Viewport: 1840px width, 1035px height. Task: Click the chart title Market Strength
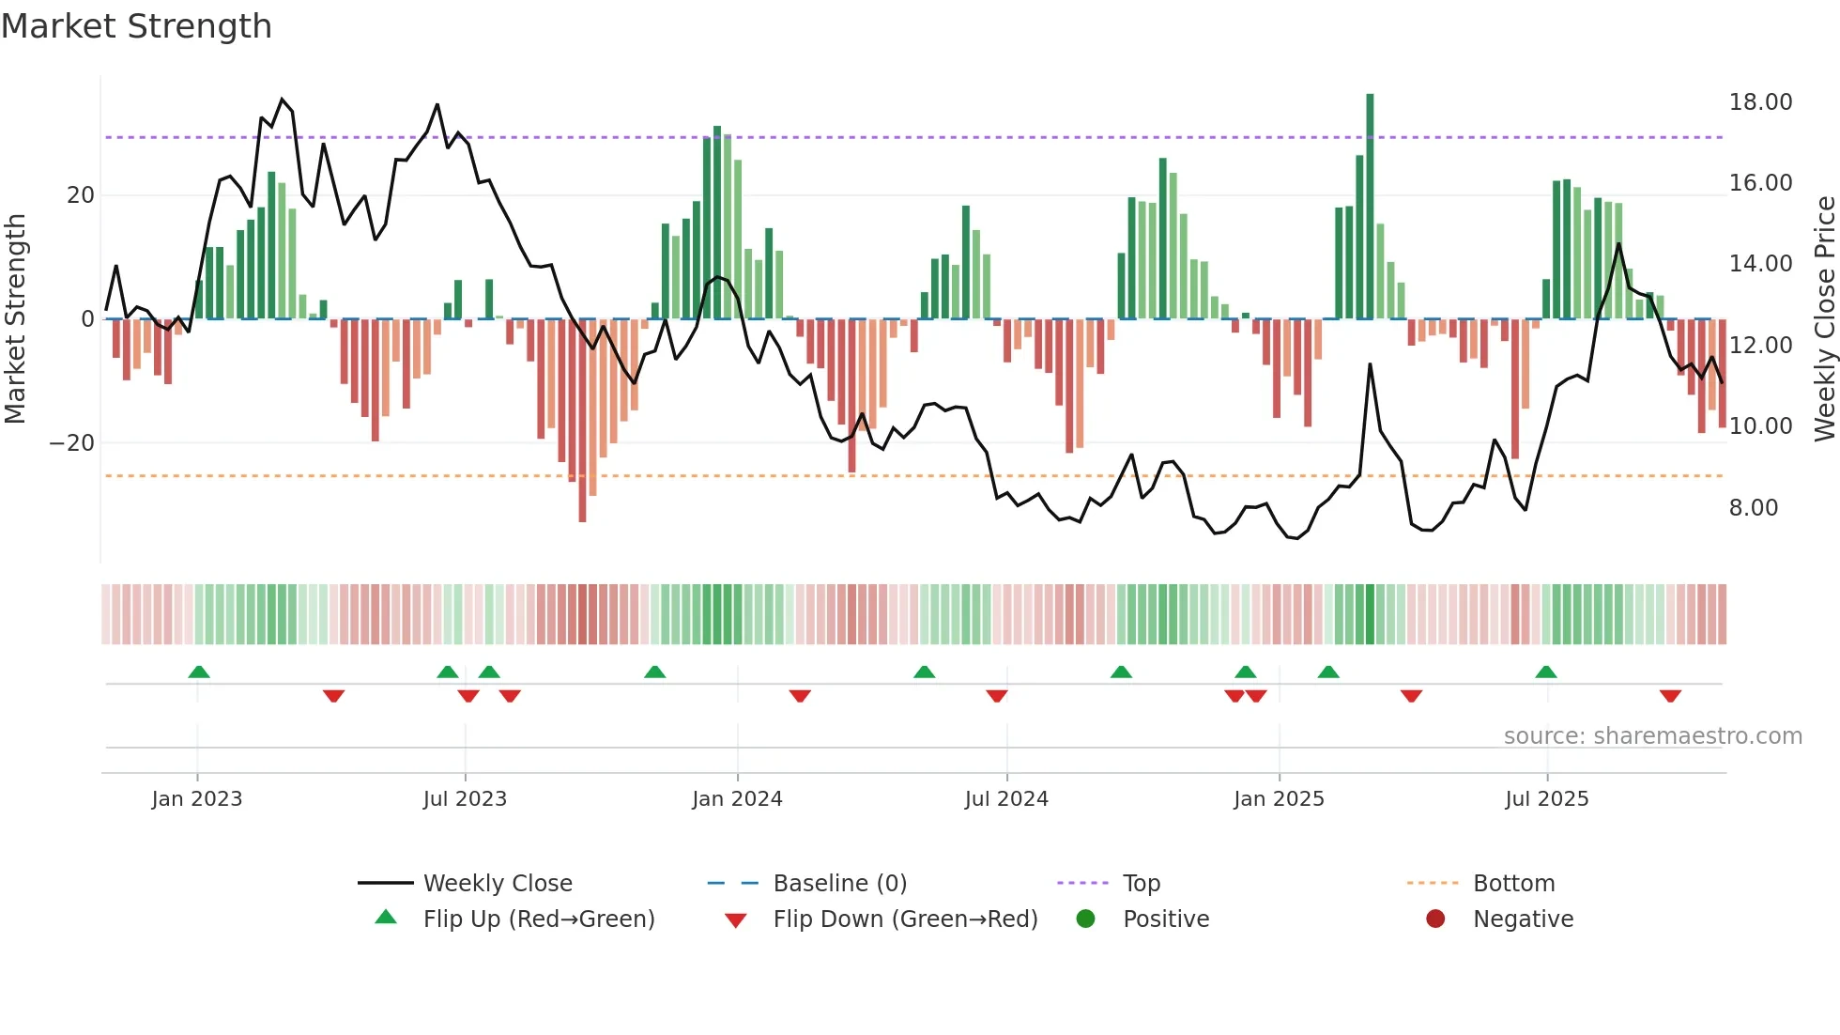pyautogui.click(x=137, y=26)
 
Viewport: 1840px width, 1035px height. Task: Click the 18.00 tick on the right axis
pyautogui.click(x=1760, y=102)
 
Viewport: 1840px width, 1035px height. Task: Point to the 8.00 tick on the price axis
pyautogui.click(x=1753, y=508)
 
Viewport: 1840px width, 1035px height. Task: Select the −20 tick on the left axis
pyautogui.click(x=72, y=443)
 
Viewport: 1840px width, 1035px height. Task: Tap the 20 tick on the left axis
pyautogui.click(x=81, y=195)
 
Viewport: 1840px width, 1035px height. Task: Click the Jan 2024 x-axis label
pyautogui.click(x=737, y=799)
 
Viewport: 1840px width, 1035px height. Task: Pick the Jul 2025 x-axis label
pyautogui.click(x=1546, y=799)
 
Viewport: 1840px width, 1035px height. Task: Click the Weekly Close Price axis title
pyautogui.click(x=1824, y=319)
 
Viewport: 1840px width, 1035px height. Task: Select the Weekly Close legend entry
pyautogui.click(x=497, y=884)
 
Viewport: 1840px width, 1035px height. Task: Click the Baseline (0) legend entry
pyautogui.click(x=839, y=884)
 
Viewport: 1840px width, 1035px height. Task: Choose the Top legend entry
pyautogui.click(x=1142, y=884)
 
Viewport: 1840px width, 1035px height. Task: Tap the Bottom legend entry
pyautogui.click(x=1513, y=884)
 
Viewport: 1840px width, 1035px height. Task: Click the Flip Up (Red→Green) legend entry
pyautogui.click(x=538, y=919)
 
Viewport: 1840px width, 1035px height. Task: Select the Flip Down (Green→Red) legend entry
pyautogui.click(x=905, y=919)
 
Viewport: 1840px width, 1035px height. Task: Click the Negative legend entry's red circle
pyautogui.click(x=1435, y=919)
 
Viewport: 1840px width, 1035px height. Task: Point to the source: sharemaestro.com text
pyautogui.click(x=1652, y=736)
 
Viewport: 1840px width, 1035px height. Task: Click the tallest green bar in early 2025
pyautogui.click(x=1370, y=207)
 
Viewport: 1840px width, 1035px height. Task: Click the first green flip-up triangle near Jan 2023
pyautogui.click(x=199, y=672)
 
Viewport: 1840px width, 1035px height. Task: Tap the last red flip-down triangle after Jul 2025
pyautogui.click(x=1670, y=696)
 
